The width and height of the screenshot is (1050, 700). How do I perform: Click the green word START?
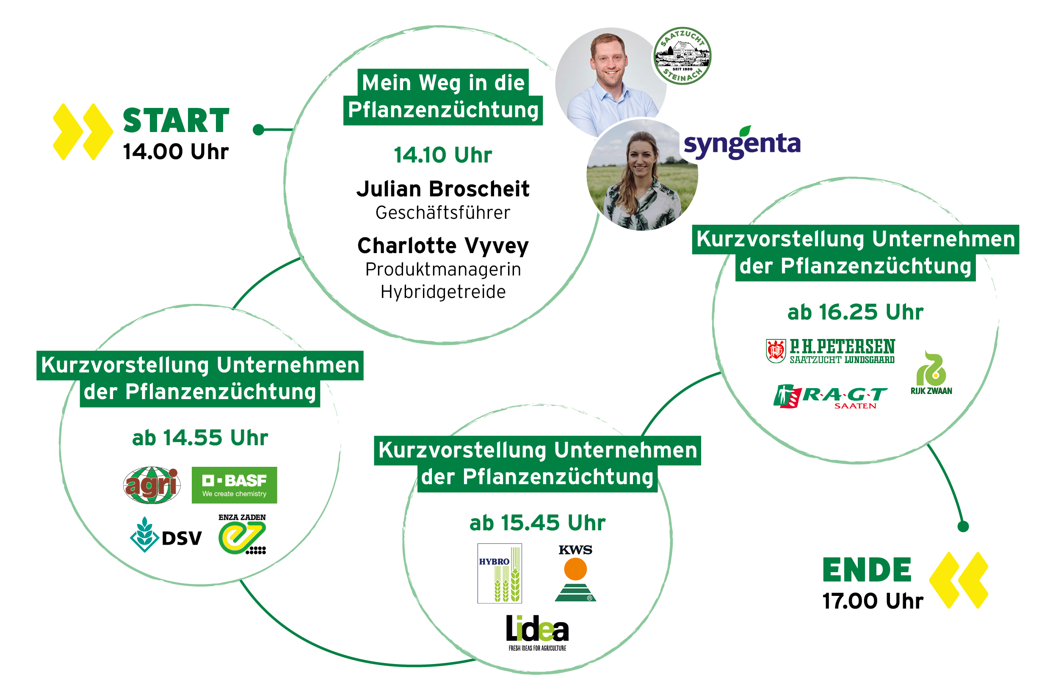pyautogui.click(x=176, y=121)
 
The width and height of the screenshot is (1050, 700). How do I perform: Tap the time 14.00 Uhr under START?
pyautogui.click(x=176, y=152)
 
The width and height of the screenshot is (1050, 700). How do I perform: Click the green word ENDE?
pyautogui.click(x=867, y=570)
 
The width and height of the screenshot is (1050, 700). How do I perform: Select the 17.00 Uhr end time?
pyautogui.click(x=873, y=601)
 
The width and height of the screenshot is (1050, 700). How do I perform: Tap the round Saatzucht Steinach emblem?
pyautogui.click(x=682, y=56)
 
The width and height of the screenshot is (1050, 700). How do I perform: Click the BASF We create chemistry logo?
pyautogui.click(x=235, y=485)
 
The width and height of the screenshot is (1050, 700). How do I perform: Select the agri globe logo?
pyautogui.click(x=152, y=485)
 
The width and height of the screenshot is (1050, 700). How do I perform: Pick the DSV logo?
pyautogui.click(x=166, y=535)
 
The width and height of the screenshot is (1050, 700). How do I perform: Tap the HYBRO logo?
pyautogui.click(x=500, y=573)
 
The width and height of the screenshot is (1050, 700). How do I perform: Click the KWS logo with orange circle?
pyautogui.click(x=575, y=573)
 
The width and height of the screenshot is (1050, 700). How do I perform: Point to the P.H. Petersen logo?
pyautogui.click(x=830, y=351)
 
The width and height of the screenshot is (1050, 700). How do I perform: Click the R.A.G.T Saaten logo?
pyautogui.click(x=830, y=397)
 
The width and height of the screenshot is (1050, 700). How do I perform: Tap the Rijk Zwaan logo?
pyautogui.click(x=931, y=373)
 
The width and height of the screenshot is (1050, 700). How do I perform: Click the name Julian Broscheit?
pyautogui.click(x=443, y=189)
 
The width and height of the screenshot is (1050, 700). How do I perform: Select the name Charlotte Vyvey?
pyautogui.click(x=443, y=246)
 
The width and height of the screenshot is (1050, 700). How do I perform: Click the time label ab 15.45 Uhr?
pyautogui.click(x=537, y=523)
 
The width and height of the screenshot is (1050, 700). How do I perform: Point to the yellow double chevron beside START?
pyautogui.click(x=83, y=132)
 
